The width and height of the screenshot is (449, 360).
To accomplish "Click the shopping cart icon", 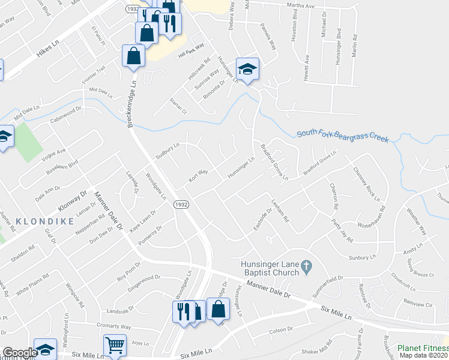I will point(115,346).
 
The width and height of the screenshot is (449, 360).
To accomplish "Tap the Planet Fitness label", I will point(421,347).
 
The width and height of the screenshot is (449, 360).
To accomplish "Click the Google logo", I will point(19,353).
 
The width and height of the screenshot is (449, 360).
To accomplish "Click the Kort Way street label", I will point(198,175).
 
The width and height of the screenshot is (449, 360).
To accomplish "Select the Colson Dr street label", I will point(280,330).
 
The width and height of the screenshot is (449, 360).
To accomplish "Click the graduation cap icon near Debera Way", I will point(247,69).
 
